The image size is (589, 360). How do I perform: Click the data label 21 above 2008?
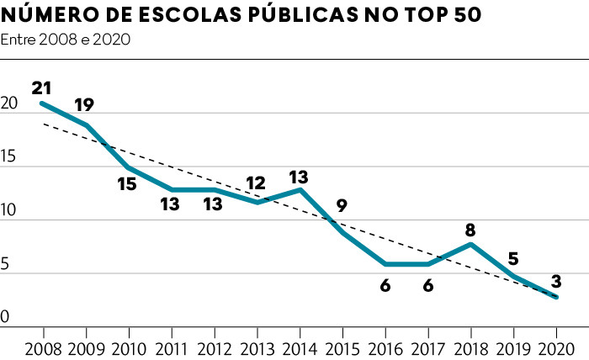[x=42, y=87]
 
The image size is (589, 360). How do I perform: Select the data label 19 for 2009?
[x=83, y=105]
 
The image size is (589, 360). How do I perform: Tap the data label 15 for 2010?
[x=126, y=183]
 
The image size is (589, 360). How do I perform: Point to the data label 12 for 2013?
[x=256, y=183]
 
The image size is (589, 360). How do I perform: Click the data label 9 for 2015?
[x=341, y=204]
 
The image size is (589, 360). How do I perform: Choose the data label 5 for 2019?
[x=513, y=259]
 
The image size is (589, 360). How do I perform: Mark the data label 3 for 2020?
[x=555, y=281]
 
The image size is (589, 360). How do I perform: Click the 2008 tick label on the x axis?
[x=42, y=348]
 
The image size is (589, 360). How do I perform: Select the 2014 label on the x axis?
[x=299, y=348]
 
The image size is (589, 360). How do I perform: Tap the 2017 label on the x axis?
[x=427, y=348]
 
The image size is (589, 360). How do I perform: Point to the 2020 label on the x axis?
[x=555, y=348]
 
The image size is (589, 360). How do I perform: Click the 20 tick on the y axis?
[x=10, y=104]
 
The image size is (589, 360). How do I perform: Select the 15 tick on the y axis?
[x=10, y=157]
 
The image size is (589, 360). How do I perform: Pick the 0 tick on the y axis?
[x=5, y=317]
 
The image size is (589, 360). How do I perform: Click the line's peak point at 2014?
[x=299, y=189]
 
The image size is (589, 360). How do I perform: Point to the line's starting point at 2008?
[x=42, y=103]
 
